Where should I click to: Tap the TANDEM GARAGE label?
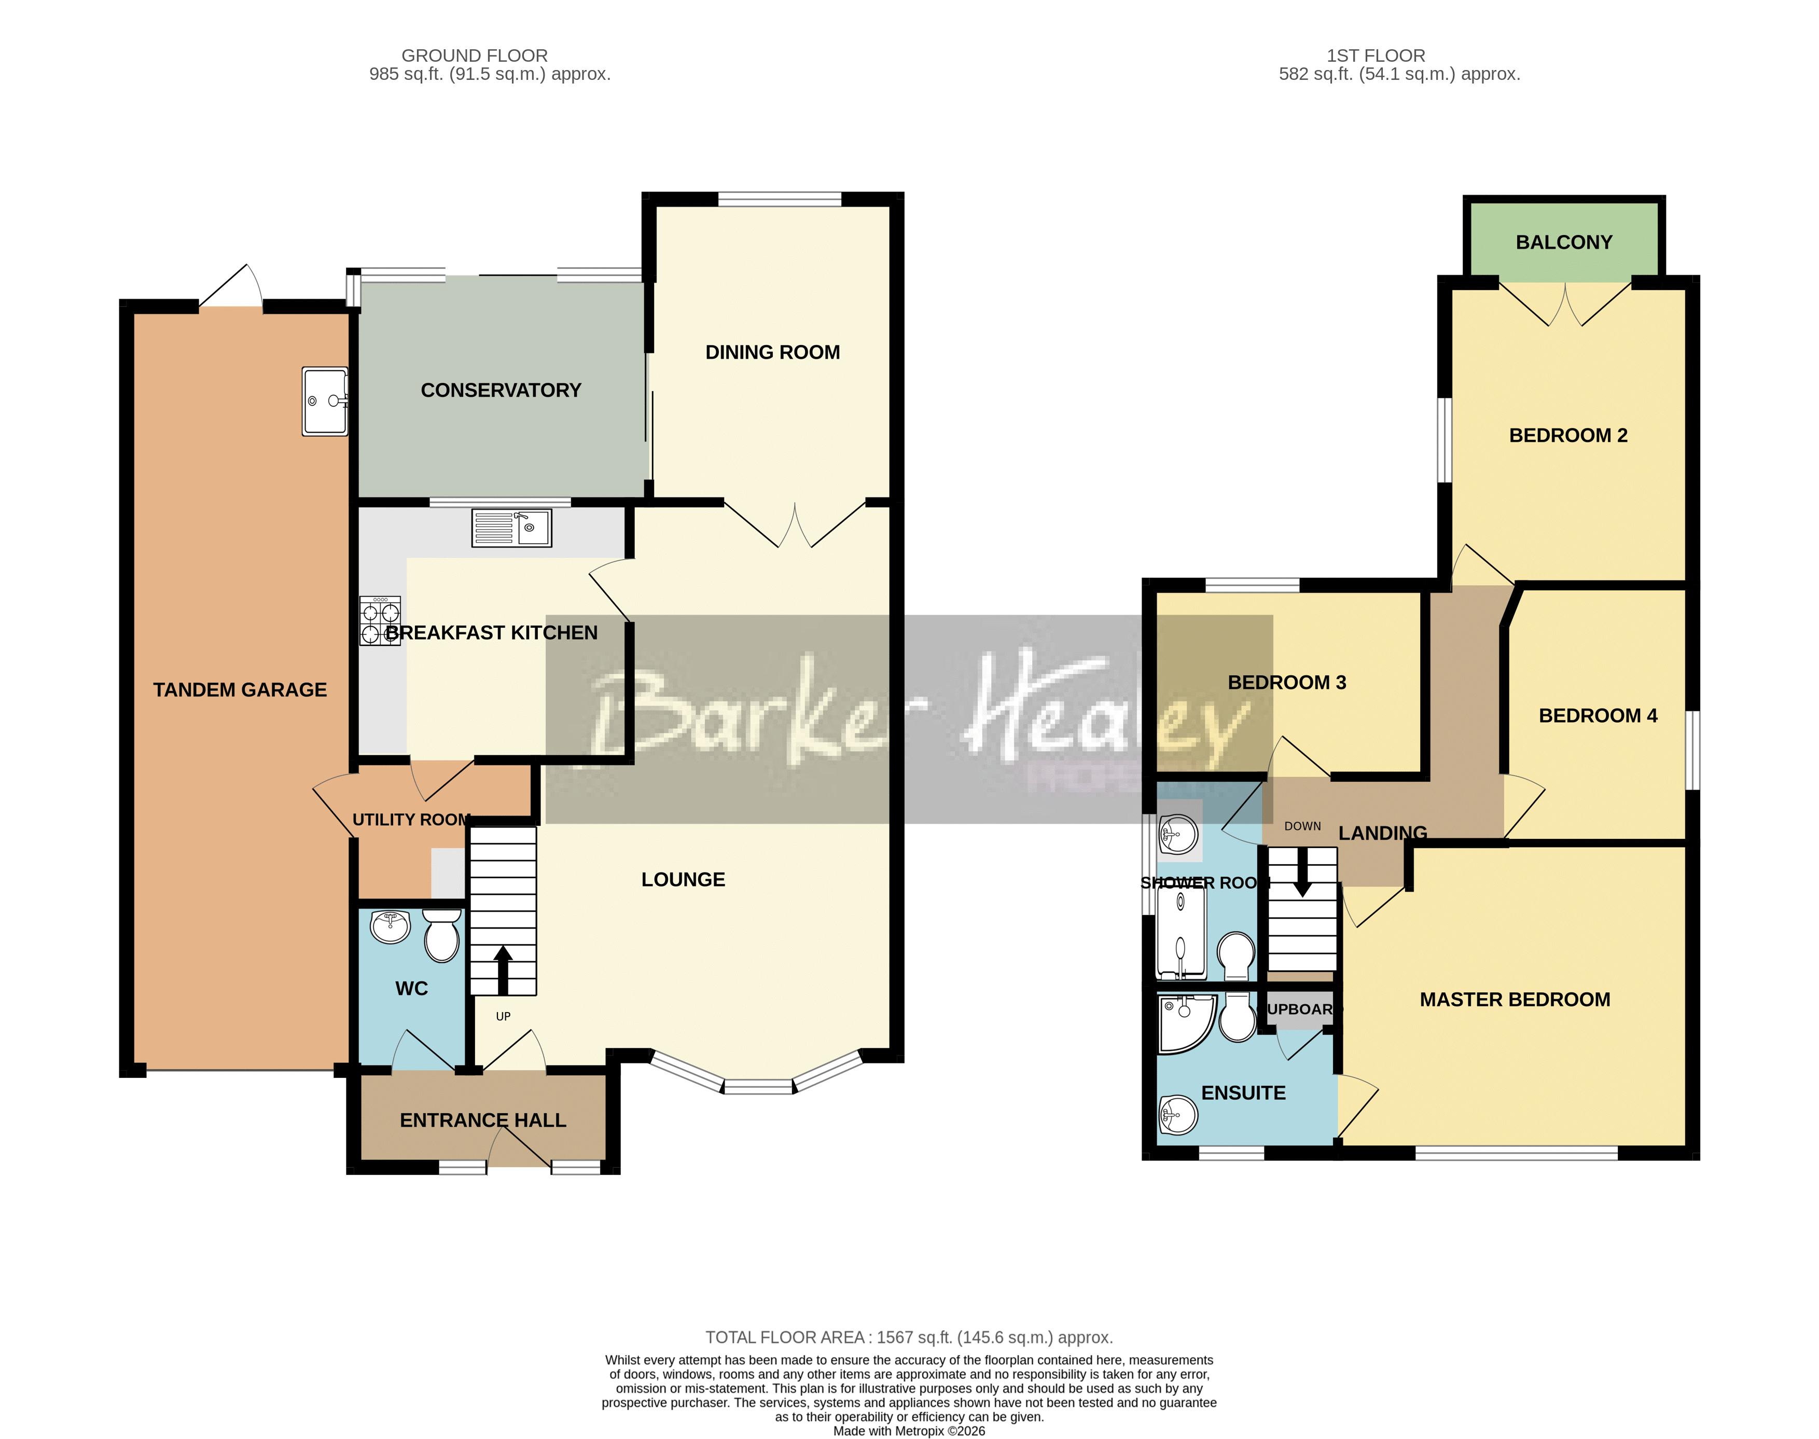click(x=240, y=690)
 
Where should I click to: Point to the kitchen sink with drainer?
click(x=511, y=528)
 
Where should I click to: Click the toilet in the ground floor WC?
click(x=441, y=936)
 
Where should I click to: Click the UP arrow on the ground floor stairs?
click(x=503, y=970)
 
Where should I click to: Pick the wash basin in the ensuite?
click(x=1178, y=1116)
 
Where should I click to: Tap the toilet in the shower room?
click(x=1236, y=954)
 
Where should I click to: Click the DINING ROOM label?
click(x=773, y=352)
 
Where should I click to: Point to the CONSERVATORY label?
click(x=501, y=390)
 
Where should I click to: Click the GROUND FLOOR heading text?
click(x=475, y=56)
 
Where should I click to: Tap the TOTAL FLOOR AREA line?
click(x=909, y=1337)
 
